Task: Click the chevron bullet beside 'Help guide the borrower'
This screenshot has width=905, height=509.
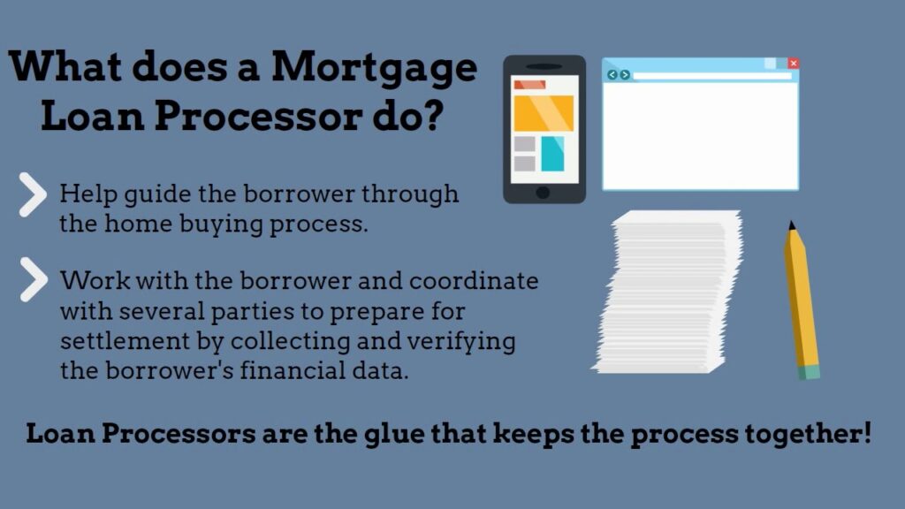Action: [x=33, y=194]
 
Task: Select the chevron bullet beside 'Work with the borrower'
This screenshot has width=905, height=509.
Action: [x=34, y=280]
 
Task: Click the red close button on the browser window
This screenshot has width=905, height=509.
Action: [x=794, y=63]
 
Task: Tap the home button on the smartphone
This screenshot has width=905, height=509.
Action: [x=543, y=193]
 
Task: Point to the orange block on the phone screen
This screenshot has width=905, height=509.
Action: [x=544, y=113]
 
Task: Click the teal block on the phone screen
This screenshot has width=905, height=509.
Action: [x=552, y=154]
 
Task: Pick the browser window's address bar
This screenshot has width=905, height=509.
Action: [x=712, y=76]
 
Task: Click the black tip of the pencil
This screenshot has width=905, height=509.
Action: [x=791, y=225]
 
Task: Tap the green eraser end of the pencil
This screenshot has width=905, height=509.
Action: [x=810, y=372]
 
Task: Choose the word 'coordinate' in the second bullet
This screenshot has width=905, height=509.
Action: [x=474, y=280]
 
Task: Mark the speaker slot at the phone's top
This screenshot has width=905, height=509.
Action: [x=544, y=66]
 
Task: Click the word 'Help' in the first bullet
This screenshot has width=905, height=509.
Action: [x=87, y=194]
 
